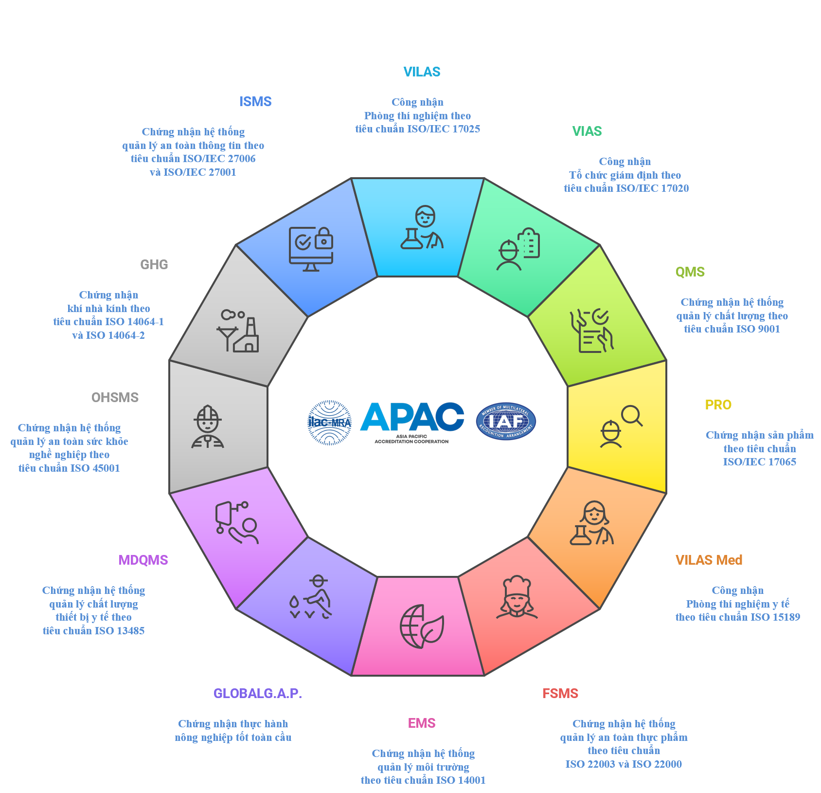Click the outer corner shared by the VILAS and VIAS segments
pyautogui.click(x=484, y=178)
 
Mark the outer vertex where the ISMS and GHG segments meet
pyautogui.click(x=236, y=245)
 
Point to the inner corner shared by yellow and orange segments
pyautogui.click(x=568, y=467)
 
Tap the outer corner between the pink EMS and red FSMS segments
pyautogui.click(x=484, y=676)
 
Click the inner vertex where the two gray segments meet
pyautogui.click(x=268, y=387)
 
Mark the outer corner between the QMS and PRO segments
pyautogui.click(x=666, y=360)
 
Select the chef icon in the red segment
pyautogui.click(x=517, y=597)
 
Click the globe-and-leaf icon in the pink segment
pyautogui.click(x=422, y=627)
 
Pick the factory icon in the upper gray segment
pyautogui.click(x=238, y=331)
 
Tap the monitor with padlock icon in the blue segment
pyautogui.click(x=311, y=249)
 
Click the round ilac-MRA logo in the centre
pyautogui.click(x=330, y=423)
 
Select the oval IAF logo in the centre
pyautogui.click(x=506, y=422)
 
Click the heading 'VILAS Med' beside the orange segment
pyautogui.click(x=709, y=560)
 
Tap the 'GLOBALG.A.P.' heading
pyautogui.click(x=258, y=694)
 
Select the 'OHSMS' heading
pyautogui.click(x=115, y=398)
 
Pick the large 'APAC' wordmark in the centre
pyautogui.click(x=412, y=417)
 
